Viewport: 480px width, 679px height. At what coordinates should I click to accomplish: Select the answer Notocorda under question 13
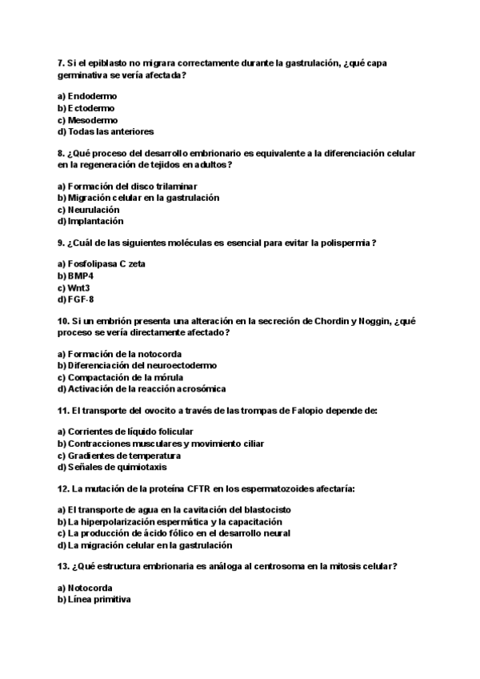click(90, 588)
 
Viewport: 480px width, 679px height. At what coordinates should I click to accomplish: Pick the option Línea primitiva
click(99, 600)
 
